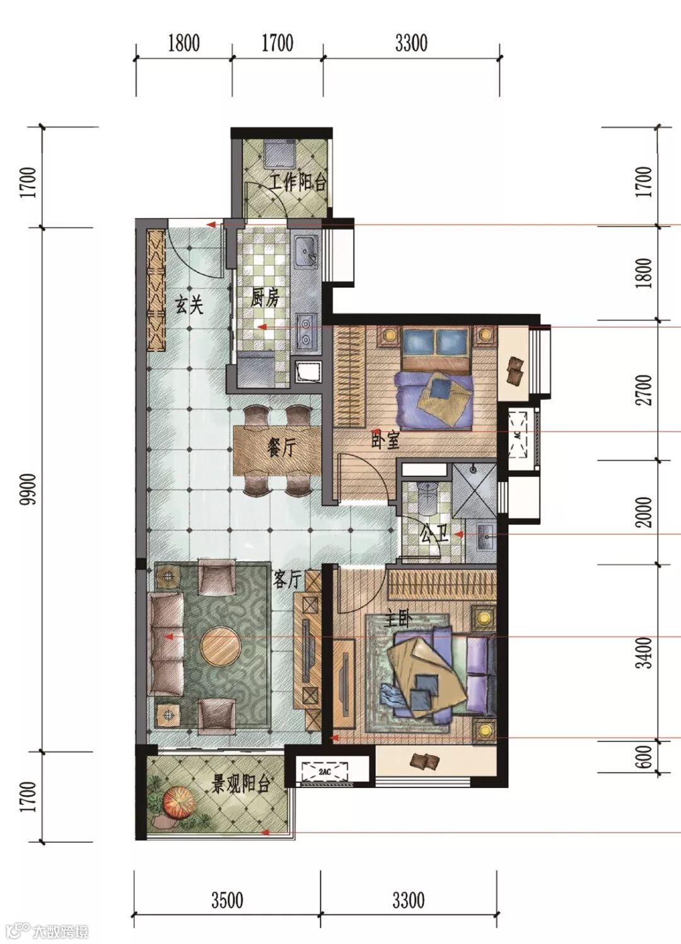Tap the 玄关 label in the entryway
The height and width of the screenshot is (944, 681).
(189, 304)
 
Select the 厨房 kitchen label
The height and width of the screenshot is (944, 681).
(264, 298)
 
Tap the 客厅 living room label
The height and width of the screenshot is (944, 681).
(287, 579)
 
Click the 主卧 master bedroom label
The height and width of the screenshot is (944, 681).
(397, 620)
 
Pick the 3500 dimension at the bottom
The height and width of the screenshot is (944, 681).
(228, 900)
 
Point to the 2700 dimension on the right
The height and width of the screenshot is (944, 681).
(644, 389)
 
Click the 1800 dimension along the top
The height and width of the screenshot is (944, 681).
(184, 43)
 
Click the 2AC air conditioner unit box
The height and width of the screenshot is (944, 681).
(325, 771)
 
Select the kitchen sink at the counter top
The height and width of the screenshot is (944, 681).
(305, 252)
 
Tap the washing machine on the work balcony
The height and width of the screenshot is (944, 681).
(279, 155)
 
